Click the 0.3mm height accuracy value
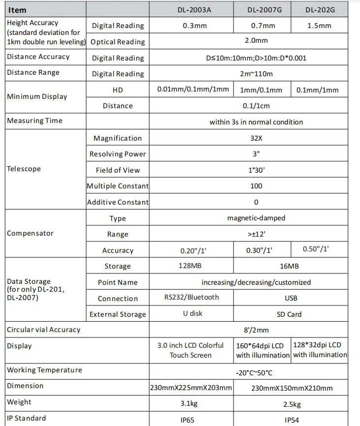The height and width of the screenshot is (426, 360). [190, 26]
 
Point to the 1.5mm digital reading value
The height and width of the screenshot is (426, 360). [319, 26]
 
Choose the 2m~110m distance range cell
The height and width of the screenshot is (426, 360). [256, 74]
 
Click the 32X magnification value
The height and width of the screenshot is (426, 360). [256, 138]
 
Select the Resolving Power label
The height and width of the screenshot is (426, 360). [118, 154]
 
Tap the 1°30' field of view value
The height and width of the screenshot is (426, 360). [256, 170]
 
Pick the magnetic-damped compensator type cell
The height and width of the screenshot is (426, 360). [256, 218]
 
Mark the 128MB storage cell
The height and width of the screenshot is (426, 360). [190, 266]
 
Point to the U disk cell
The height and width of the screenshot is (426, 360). [192, 313]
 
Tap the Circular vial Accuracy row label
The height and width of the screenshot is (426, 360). [43, 330]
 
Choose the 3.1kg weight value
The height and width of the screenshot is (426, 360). [190, 404]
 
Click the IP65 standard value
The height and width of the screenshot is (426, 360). [190, 420]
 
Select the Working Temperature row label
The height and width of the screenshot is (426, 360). [44, 370]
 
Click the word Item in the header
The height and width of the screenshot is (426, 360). [18, 10]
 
